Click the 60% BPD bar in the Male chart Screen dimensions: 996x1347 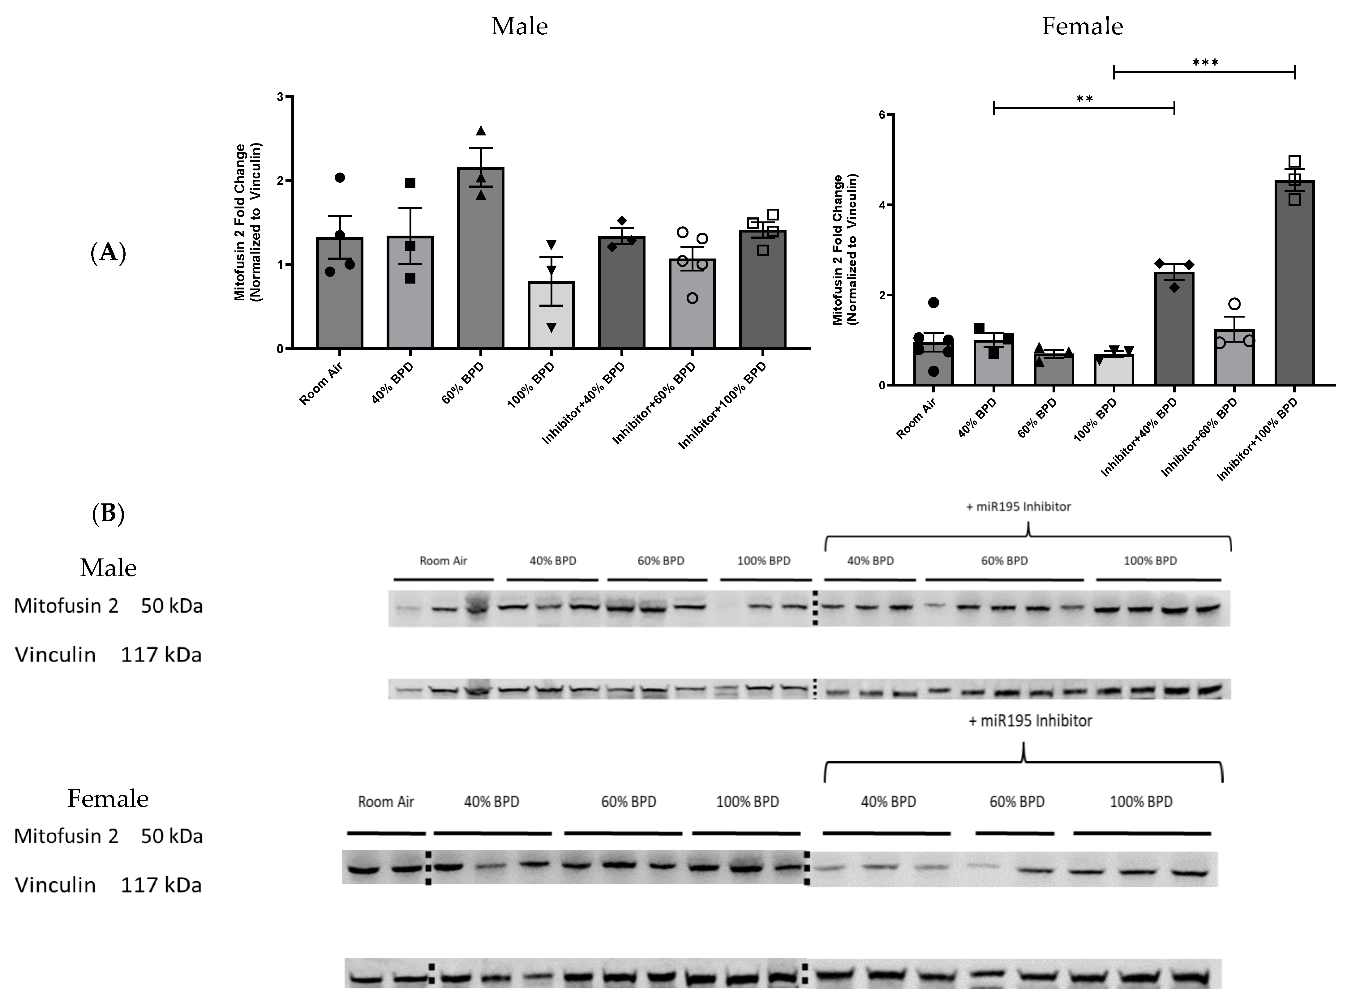click(481, 259)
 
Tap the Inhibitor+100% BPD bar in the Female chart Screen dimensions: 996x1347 click(1294, 283)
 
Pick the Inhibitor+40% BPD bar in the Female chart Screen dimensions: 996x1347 click(1174, 329)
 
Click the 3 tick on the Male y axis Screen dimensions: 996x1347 click(280, 96)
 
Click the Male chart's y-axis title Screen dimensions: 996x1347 click(248, 222)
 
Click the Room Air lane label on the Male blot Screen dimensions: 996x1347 click(443, 561)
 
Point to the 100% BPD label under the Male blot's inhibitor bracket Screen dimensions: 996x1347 click(1150, 561)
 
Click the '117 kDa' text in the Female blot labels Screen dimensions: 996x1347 click(161, 885)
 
